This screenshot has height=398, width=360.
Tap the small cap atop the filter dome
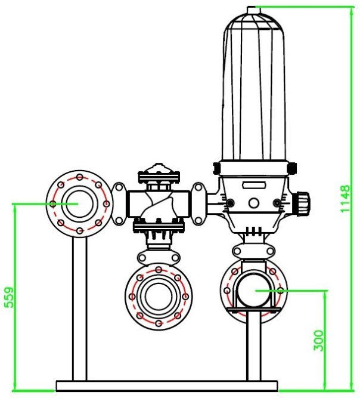click(x=253, y=8)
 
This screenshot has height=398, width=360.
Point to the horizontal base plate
click(x=167, y=386)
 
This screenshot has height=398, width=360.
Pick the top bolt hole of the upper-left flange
click(x=79, y=177)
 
